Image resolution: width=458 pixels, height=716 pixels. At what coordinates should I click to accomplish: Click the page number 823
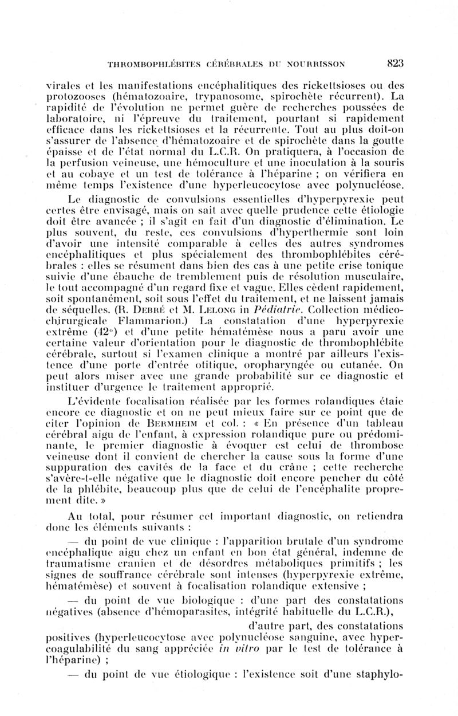click(x=396, y=64)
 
